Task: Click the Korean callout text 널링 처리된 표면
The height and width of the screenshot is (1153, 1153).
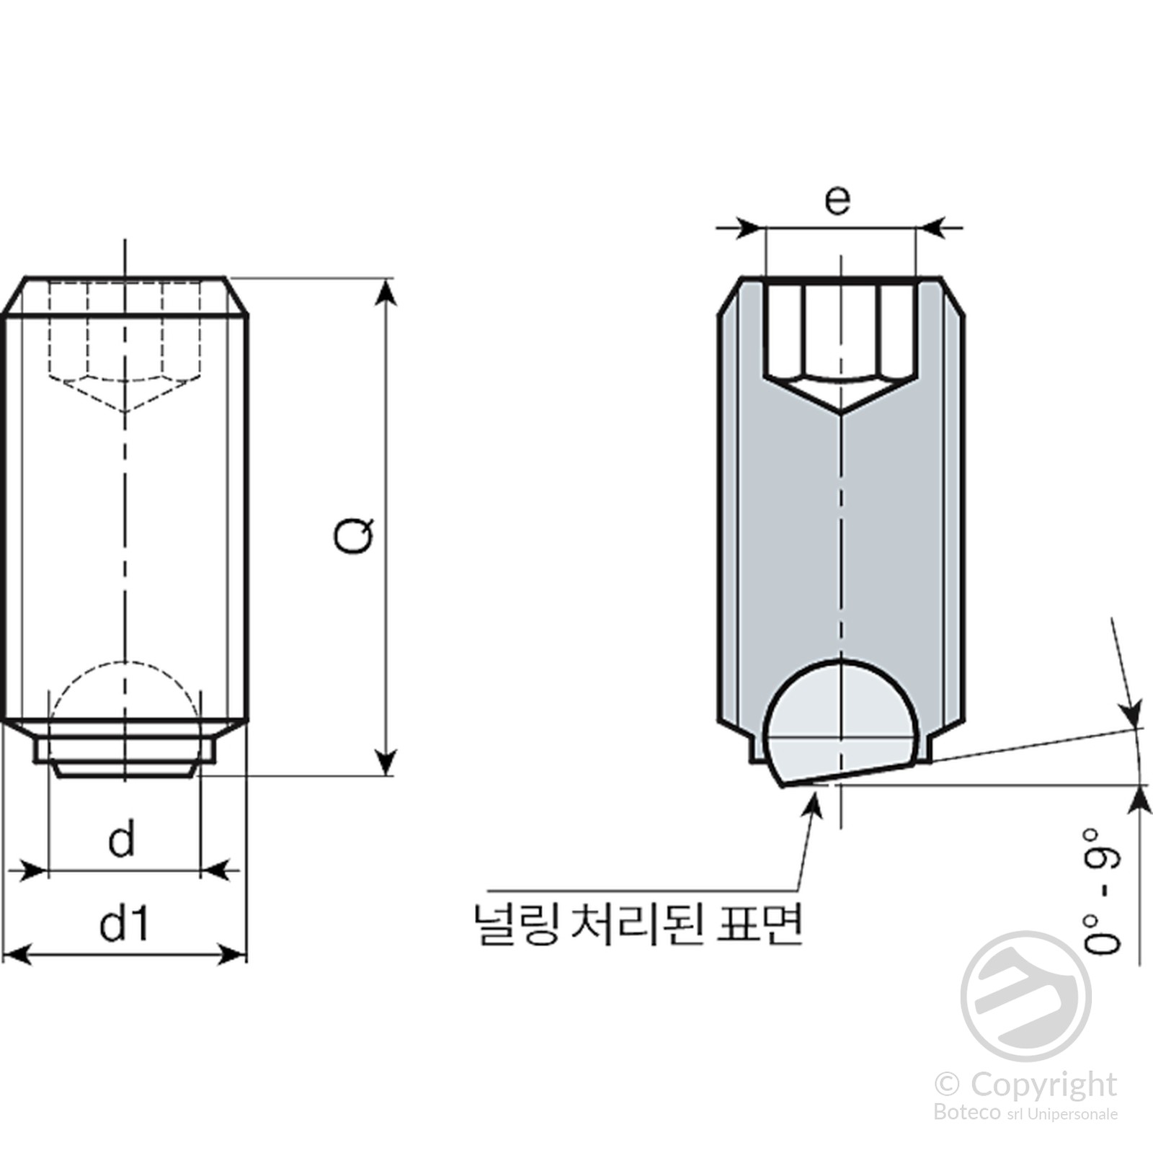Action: tap(637, 923)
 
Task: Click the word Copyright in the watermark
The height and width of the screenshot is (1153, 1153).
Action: tap(1043, 1083)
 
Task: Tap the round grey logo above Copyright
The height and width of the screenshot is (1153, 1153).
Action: tap(1025, 996)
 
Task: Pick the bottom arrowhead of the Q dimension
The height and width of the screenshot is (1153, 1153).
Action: tap(387, 761)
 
